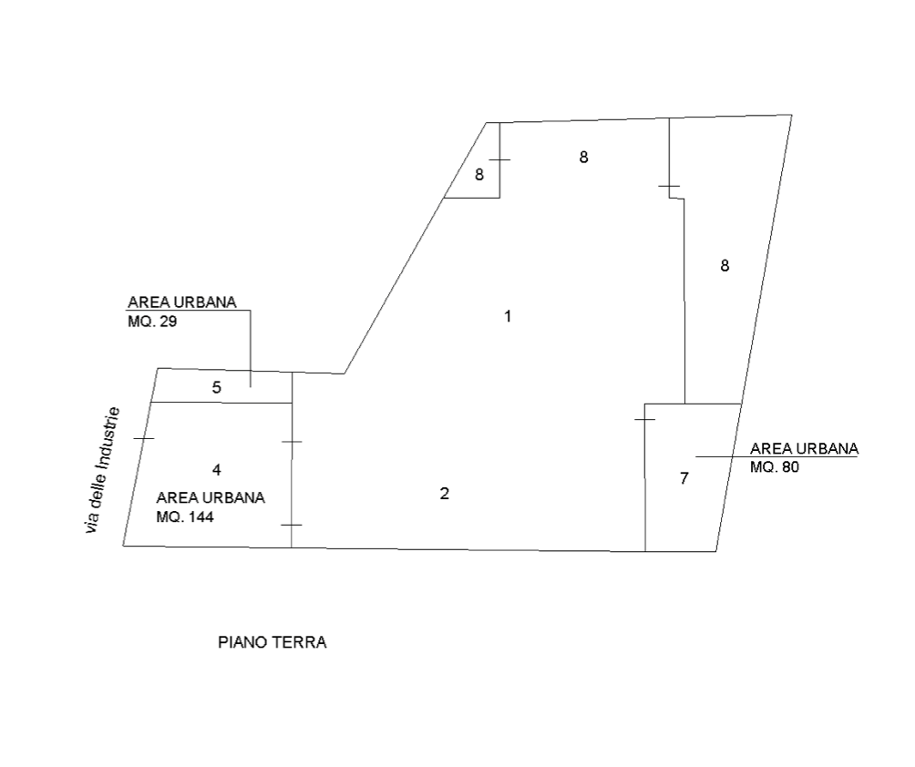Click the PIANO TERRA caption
pos(272,642)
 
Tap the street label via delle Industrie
pos(103,470)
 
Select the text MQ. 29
pos(152,322)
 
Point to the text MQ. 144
pos(185,516)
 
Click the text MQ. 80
pos(775,466)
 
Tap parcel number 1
pos(508,316)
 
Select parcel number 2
pos(445,494)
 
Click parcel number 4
pos(217,469)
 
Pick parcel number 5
pos(217,387)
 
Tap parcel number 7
pos(684,478)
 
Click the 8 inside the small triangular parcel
pos(479,174)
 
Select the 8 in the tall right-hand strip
pos(725,265)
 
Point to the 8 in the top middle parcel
pos(583,157)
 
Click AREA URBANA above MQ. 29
pos(182,302)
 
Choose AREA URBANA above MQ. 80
pos(804,448)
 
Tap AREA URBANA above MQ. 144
pos(211,497)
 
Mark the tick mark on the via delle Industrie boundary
pos(144,438)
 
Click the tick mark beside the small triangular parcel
pos(499,159)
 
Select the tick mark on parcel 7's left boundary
pos(645,419)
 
